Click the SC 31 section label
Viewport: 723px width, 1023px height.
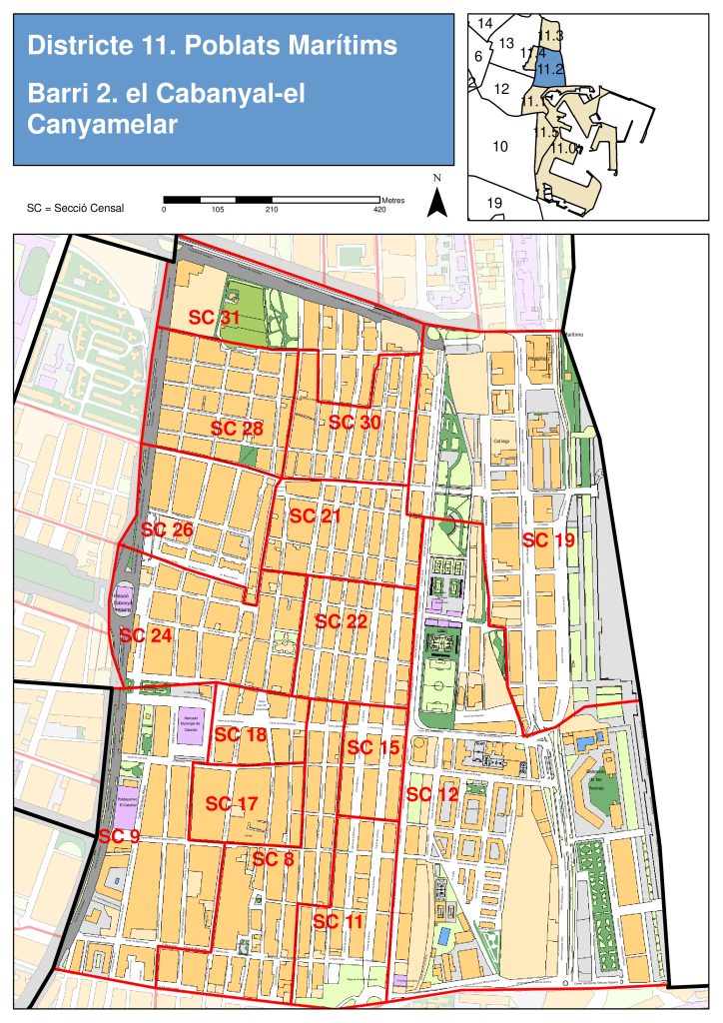[x=216, y=318]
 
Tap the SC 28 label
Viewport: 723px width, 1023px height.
[x=237, y=428]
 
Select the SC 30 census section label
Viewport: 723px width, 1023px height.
[x=355, y=423]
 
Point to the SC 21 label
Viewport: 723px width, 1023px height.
[x=315, y=515]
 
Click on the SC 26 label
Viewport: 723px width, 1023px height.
[x=167, y=528]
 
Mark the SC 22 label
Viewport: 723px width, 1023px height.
[x=342, y=620]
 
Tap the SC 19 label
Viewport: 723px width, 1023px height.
[x=548, y=540]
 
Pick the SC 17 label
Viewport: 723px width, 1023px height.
[x=232, y=803]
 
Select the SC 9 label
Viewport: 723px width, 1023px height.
[x=118, y=835]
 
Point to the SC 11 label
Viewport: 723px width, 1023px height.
[x=339, y=922]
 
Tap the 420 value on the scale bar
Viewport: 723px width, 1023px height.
[x=378, y=210]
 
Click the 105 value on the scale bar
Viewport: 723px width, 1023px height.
[x=218, y=210]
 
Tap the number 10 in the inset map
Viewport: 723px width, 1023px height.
[x=501, y=147]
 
